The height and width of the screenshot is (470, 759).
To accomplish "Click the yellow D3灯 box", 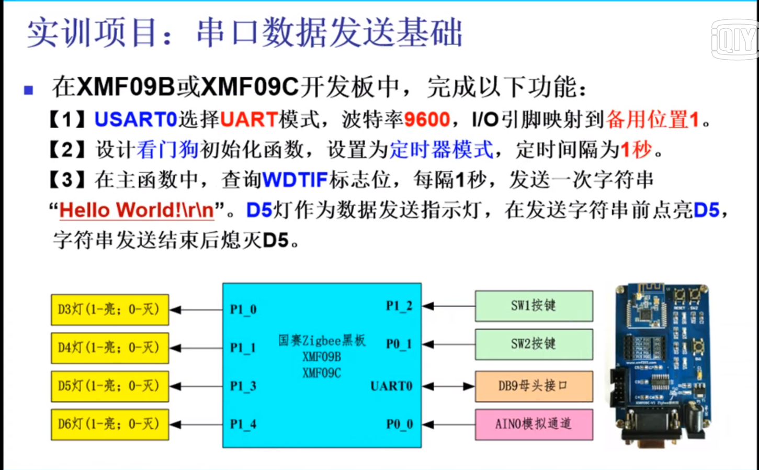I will click(x=109, y=309).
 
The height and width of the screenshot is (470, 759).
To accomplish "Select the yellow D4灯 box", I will click(x=109, y=348).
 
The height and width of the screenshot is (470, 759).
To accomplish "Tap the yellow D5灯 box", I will click(x=109, y=386).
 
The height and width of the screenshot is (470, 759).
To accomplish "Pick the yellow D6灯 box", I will click(x=109, y=424).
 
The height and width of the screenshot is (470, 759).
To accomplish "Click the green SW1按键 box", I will click(x=534, y=306).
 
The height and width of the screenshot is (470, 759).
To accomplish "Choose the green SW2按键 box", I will click(x=534, y=344).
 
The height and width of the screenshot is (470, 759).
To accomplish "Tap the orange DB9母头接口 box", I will click(x=534, y=386).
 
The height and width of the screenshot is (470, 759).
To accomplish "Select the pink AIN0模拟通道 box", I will click(x=534, y=424).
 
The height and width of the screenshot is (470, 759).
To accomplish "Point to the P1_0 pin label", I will click(x=243, y=309).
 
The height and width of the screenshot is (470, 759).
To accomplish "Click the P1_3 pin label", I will click(x=243, y=386).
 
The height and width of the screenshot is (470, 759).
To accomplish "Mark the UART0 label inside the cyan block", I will click(x=391, y=386).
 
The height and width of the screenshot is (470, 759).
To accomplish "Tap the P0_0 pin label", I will click(x=399, y=424).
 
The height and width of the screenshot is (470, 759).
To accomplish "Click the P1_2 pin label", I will click(x=399, y=306).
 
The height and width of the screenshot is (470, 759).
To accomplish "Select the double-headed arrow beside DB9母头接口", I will click(x=448, y=386).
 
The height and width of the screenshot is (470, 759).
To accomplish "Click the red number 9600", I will click(x=427, y=120).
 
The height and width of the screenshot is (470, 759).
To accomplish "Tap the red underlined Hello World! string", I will click(x=137, y=210).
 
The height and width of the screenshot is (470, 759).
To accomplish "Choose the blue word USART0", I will click(x=135, y=120).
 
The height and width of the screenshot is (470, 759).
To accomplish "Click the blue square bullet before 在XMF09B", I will click(x=29, y=90).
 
